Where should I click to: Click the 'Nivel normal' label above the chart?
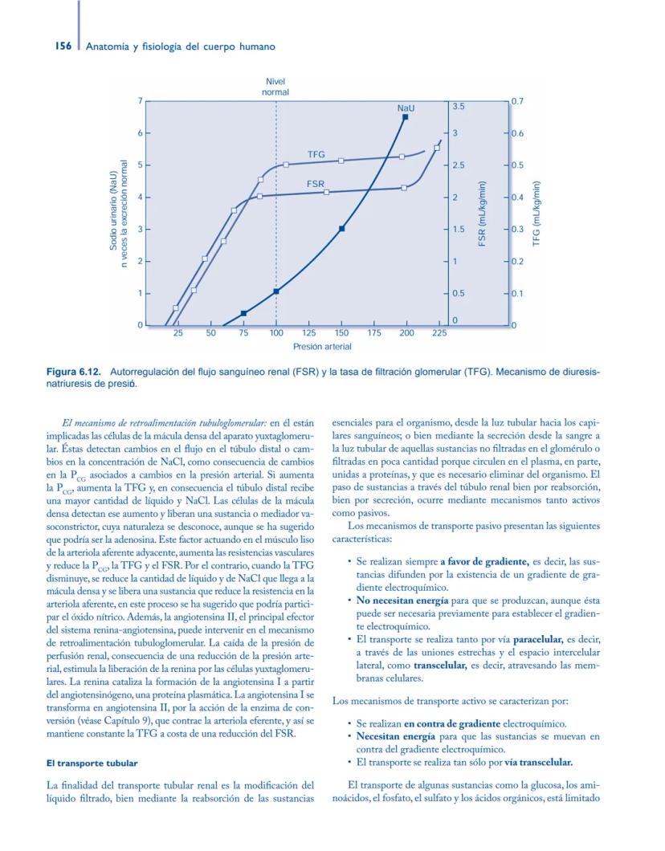click(x=275, y=87)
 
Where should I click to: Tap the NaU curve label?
click(x=406, y=107)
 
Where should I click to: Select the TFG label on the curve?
click(x=316, y=153)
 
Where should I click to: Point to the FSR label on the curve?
click(x=316, y=184)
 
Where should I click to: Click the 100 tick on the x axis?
click(x=276, y=332)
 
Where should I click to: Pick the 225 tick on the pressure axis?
click(x=439, y=332)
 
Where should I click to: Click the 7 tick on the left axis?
click(x=139, y=101)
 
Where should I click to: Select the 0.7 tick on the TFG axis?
click(x=519, y=101)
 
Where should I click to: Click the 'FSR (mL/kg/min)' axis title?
click(x=482, y=214)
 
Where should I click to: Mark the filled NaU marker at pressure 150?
click(x=341, y=229)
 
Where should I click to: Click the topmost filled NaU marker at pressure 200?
click(x=406, y=117)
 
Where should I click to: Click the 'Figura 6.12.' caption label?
click(x=72, y=373)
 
